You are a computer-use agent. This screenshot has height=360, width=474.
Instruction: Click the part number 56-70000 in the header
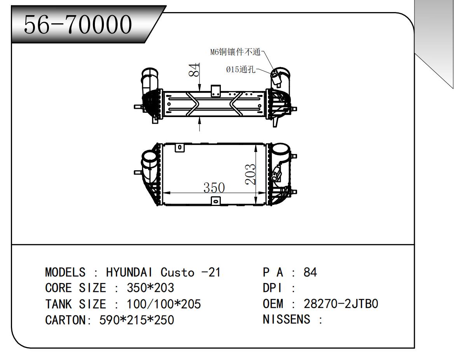tap(77, 24)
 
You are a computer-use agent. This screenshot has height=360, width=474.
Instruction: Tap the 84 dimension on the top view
tap(194, 70)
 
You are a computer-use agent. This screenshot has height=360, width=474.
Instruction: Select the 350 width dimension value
tap(214, 187)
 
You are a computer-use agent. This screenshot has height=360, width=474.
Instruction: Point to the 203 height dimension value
tap(250, 174)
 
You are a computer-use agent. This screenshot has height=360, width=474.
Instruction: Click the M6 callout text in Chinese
tap(235, 52)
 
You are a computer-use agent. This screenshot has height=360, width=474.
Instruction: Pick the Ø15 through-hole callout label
tap(241, 69)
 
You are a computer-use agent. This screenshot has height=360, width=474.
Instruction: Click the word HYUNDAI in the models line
tap(129, 272)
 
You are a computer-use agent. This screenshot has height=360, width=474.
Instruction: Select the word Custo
tap(177, 272)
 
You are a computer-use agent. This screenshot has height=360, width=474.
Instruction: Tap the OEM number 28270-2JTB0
tap(341, 304)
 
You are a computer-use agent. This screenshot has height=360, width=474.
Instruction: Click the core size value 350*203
tap(150, 288)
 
